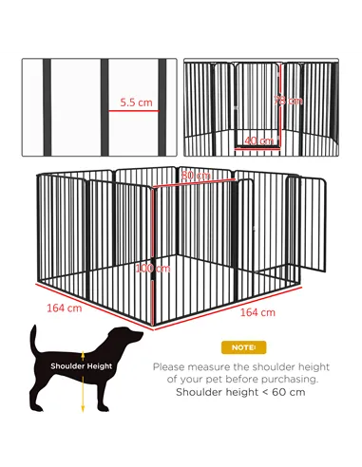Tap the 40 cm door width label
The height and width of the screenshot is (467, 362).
coord(258,140)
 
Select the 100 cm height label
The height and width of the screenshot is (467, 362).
coord(144,269)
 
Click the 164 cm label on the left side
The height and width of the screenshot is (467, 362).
coord(64,308)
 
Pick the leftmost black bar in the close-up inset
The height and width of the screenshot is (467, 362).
coord(45,105)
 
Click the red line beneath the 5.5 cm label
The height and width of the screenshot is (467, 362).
coord(135,110)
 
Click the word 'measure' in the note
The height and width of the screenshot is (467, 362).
coord(221,365)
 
